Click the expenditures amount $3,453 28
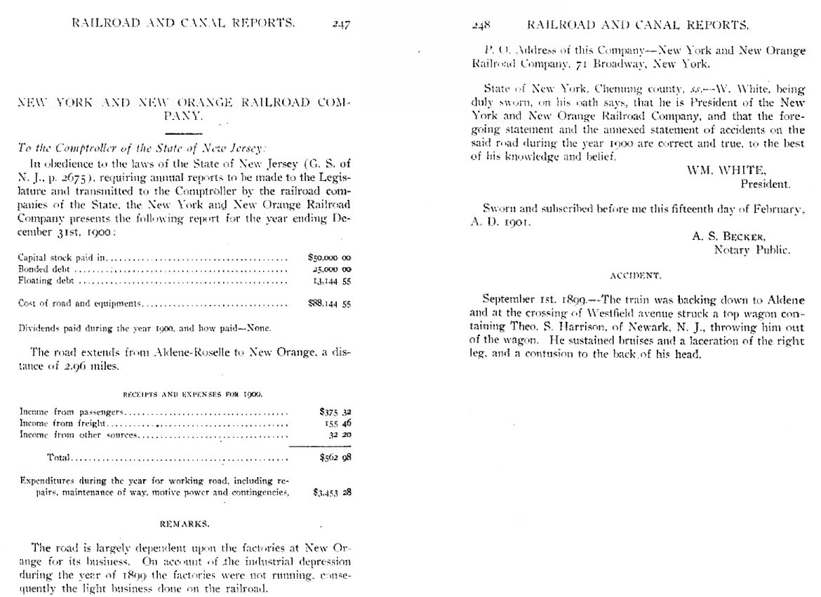click(x=332, y=492)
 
